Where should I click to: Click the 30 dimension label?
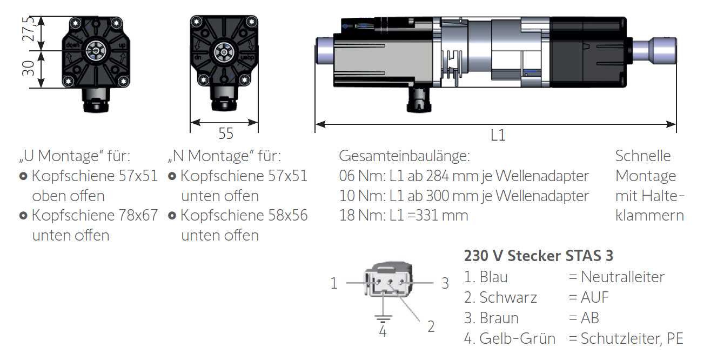28,68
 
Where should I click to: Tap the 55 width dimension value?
226,134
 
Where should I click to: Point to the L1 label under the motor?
498,135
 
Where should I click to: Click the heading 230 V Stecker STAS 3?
538,256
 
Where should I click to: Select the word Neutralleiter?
622,277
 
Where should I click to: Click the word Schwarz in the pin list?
508,297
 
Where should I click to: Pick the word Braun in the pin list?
499,318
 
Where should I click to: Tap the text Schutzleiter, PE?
632,339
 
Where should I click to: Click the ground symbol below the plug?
383,318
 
